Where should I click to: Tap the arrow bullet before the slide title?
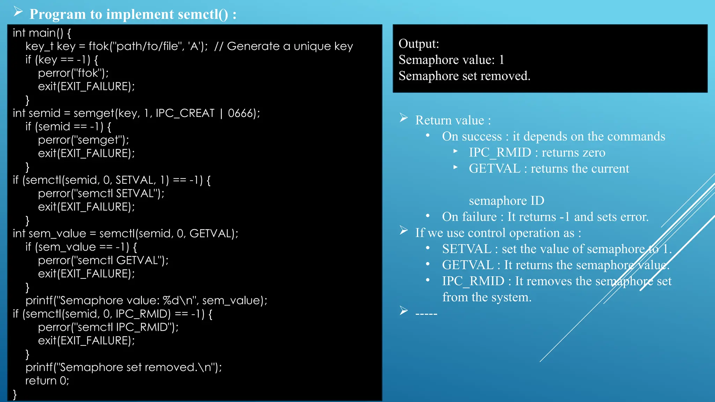pyautogui.click(x=18, y=12)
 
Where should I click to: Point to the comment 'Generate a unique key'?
pyautogui.click(x=290, y=46)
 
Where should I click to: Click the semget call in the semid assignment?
pyautogui.click(x=94, y=113)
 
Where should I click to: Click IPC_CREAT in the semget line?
pyautogui.click(x=185, y=113)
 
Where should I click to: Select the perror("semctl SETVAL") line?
pyautogui.click(x=101, y=193)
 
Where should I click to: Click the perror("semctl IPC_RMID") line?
pyautogui.click(x=108, y=327)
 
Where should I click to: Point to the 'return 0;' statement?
pyautogui.click(x=47, y=380)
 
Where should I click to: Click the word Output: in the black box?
pyautogui.click(x=419, y=44)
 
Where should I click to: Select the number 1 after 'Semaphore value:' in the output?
pyautogui.click(x=502, y=60)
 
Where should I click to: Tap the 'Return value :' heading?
pyautogui.click(x=453, y=120)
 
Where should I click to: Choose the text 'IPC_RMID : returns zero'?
pyautogui.click(x=537, y=152)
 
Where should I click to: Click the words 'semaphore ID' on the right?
pyautogui.click(x=506, y=201)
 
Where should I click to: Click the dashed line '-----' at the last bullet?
pyautogui.click(x=426, y=314)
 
